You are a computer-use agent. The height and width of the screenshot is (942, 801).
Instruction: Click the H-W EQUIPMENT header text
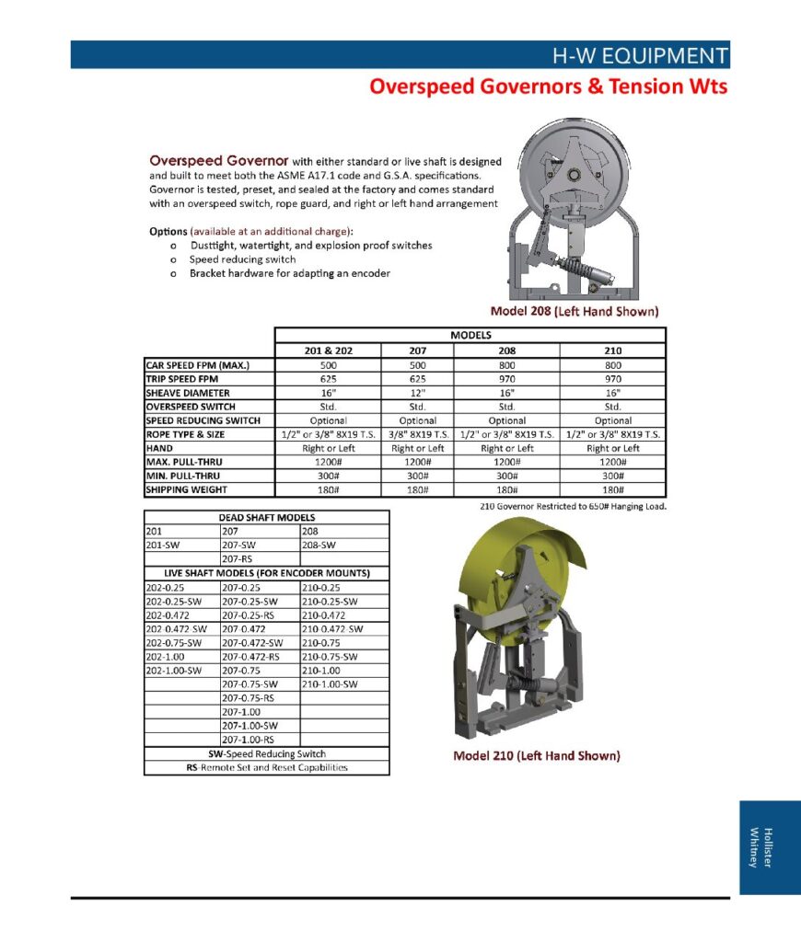639,55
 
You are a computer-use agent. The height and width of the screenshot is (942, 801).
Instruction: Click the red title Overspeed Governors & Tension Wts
548,86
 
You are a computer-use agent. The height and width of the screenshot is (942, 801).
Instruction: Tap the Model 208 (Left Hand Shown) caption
574,311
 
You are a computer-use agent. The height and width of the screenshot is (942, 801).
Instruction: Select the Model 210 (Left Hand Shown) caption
536,756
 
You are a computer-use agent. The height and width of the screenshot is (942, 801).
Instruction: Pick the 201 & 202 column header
329,350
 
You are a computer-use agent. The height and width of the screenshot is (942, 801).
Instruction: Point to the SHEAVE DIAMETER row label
188,393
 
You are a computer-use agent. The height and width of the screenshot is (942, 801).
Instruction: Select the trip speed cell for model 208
507,379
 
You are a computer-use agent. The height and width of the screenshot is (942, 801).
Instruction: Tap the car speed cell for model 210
612,365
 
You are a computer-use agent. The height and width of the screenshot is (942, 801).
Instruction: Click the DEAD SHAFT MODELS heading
266,517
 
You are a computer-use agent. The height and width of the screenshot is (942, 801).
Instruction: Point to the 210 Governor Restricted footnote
573,506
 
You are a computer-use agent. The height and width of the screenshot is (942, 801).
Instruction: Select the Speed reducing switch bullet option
243,259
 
